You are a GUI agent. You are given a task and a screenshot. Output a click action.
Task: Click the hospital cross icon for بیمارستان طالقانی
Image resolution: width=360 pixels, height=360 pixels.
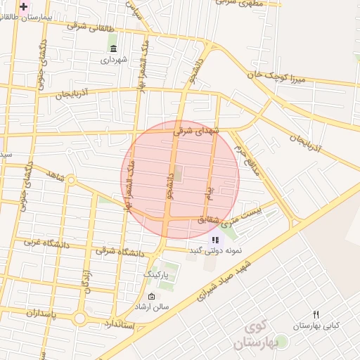(23, 6)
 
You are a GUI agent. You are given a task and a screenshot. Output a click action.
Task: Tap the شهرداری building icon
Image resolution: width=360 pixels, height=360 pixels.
(113, 48)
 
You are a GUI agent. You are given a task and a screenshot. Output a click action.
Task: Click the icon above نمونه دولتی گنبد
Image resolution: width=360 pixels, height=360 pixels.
(214, 240)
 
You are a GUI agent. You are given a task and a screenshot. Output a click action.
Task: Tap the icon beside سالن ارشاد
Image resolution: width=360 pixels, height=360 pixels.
(151, 297)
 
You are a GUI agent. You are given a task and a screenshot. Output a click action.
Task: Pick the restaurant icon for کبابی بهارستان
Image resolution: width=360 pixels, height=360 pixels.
(316, 314)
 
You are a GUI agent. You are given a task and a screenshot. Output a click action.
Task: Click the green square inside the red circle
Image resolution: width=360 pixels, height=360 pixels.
(177, 172)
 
